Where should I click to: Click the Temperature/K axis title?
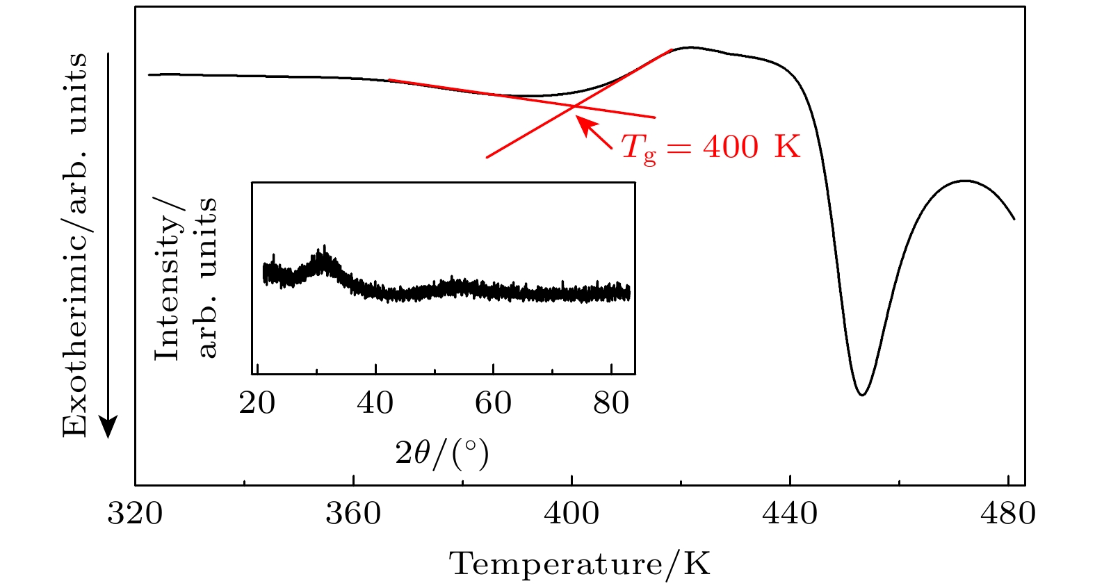tap(580, 564)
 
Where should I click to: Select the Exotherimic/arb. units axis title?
tap(75, 245)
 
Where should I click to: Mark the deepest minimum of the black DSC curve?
tap(862, 395)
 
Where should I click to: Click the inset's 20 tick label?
tap(257, 403)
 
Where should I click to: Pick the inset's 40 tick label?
tap(375, 403)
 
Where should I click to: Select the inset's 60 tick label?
tap(493, 403)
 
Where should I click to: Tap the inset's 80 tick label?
tap(611, 403)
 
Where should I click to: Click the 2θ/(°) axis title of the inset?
tap(442, 453)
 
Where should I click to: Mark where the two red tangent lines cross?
tap(574, 106)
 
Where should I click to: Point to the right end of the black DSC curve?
tap(1014, 219)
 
